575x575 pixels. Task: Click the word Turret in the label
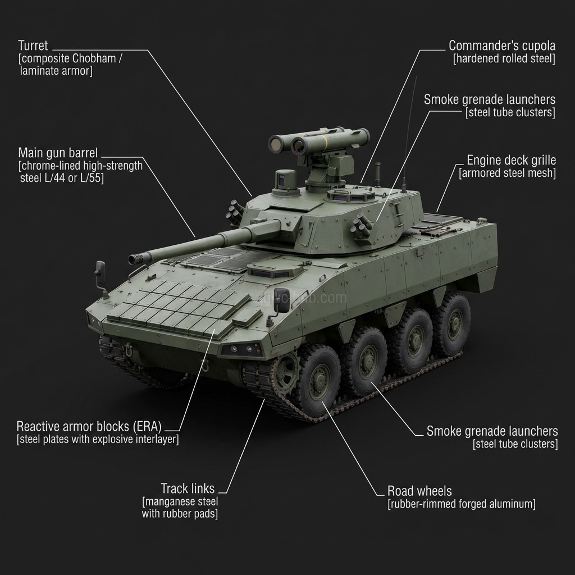33,46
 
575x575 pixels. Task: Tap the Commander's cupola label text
502,46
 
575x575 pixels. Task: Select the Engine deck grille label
511,160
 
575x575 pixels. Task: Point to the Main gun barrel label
58,153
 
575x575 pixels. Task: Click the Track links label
188,489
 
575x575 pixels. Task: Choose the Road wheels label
419,491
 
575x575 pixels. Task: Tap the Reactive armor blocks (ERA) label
89,427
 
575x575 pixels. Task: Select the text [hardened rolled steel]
504,58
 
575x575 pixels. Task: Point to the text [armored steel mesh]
508,173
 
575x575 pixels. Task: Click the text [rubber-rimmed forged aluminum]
462,504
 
